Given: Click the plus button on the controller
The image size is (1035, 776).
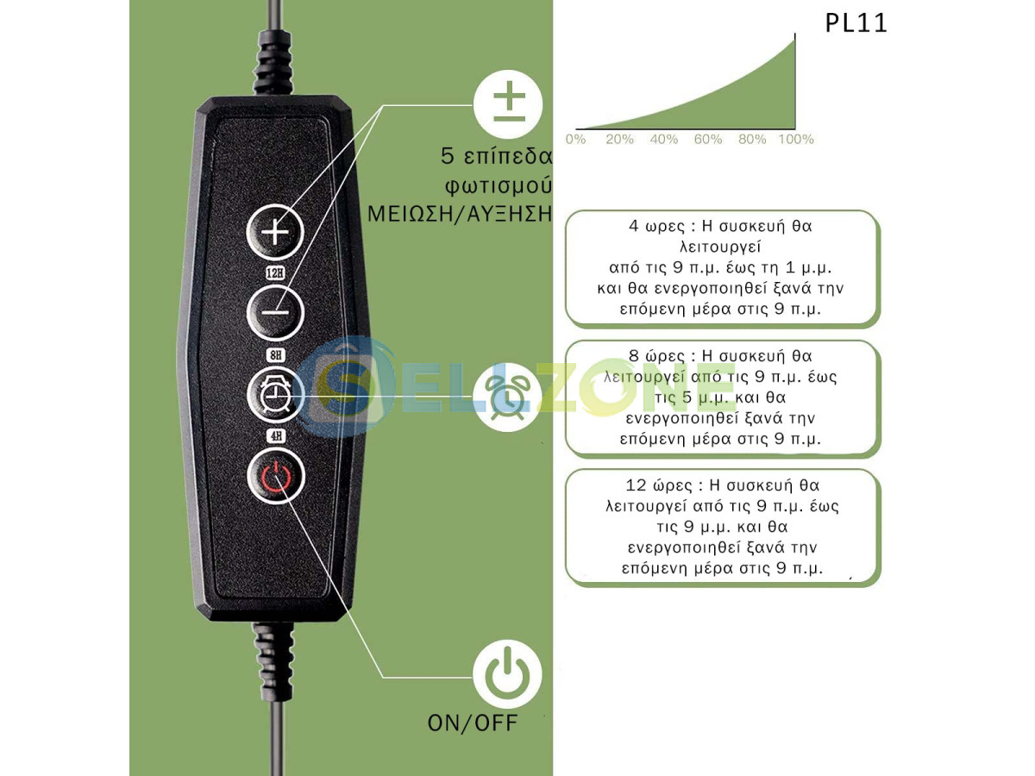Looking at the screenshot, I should click(276, 233).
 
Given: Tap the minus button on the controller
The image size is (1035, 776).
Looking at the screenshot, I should click(276, 312).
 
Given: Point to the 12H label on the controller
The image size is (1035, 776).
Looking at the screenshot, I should click(276, 273).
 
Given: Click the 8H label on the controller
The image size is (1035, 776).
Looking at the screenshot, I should click(276, 353).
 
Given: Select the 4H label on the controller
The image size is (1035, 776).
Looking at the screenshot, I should click(276, 435).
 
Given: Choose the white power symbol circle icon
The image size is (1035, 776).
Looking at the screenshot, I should click(508, 674).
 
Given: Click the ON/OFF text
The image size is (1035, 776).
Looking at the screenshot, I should click(474, 723).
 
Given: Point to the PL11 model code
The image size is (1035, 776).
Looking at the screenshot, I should click(856, 23).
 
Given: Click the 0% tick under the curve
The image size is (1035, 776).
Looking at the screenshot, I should click(575, 139).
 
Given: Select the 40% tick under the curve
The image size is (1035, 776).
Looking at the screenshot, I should click(663, 139).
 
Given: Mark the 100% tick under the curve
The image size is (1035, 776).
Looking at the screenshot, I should click(795, 139).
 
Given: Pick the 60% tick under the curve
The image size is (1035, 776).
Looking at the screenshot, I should click(707, 139).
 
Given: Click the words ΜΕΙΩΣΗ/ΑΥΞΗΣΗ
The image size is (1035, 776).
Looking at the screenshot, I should click(460, 213).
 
